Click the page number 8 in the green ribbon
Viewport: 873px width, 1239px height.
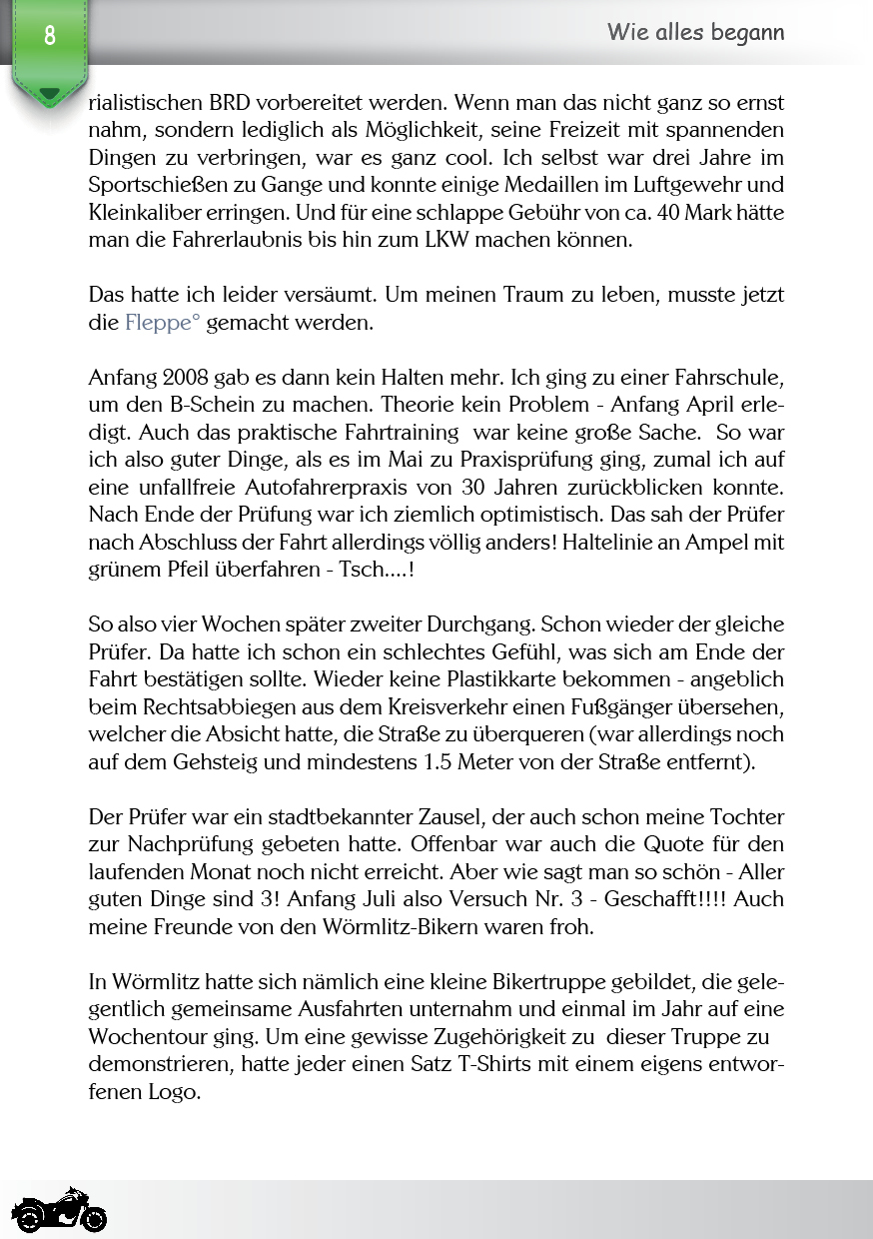point(49,36)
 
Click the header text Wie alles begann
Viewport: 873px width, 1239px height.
point(695,32)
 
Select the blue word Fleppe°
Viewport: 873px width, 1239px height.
point(163,323)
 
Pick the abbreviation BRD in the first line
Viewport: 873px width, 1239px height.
point(233,103)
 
